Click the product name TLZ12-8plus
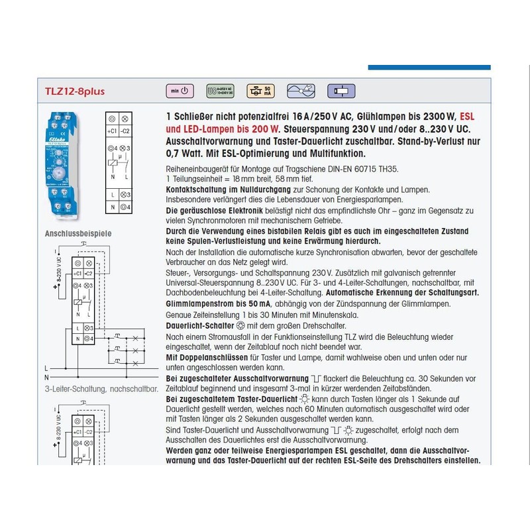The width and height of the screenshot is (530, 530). [75, 91]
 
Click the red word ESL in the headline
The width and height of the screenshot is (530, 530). [467, 116]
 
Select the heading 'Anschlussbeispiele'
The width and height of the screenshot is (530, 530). [78, 234]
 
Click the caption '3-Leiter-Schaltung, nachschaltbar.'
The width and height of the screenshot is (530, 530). [101, 389]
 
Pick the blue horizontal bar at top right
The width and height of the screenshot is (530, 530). [429, 67]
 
